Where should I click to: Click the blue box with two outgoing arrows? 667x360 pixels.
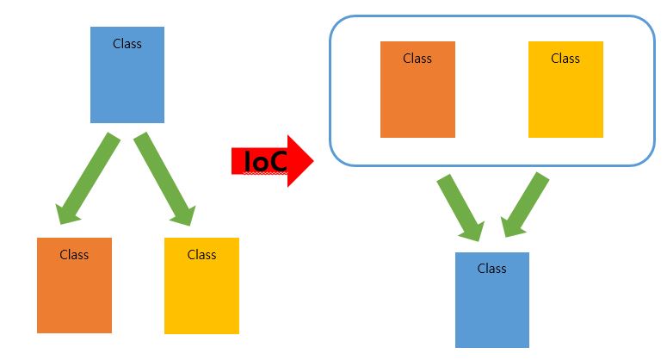127,82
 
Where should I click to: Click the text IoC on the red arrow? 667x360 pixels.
266,161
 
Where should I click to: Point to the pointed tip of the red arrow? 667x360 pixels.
313,160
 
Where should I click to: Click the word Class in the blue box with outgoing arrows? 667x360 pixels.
127,43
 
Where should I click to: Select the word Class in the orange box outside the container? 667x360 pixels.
74,254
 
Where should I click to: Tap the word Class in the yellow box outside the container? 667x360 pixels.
201,254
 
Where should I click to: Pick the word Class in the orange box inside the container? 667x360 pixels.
417,58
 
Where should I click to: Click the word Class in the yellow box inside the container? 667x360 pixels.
565,58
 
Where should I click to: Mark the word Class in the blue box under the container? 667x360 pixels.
491,268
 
